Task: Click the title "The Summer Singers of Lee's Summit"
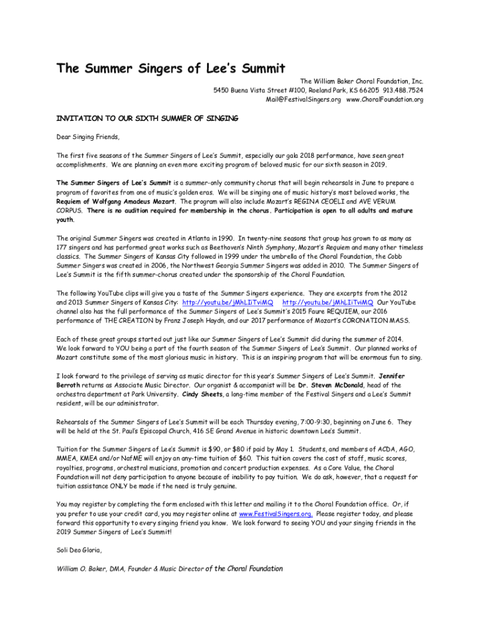pyautogui.click(x=171, y=69)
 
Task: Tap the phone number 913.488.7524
pyautogui.click(x=401, y=90)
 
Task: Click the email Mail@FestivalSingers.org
pyautogui.click(x=303, y=100)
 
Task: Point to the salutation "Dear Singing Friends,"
pyautogui.click(x=87, y=136)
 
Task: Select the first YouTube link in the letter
pyautogui.click(x=228, y=302)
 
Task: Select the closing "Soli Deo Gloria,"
pyautogui.click(x=79, y=550)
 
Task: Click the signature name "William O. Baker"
pyautogui.click(x=84, y=569)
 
